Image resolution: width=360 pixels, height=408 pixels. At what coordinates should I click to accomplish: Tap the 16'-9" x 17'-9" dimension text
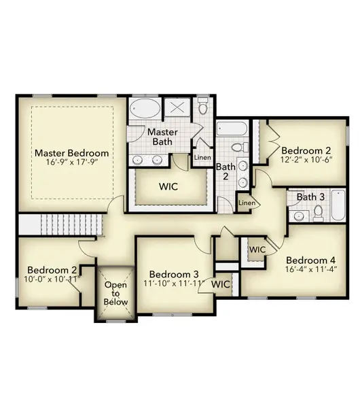[71, 163]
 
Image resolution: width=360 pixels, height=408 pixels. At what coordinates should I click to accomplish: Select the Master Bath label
[163, 137]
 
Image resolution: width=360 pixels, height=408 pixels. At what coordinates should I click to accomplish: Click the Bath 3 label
[310, 197]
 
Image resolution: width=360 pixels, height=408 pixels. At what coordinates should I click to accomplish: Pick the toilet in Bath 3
[317, 214]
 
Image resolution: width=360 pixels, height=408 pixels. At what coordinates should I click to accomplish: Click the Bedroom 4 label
[310, 260]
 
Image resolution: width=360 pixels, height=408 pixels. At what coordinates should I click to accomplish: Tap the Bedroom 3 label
[173, 274]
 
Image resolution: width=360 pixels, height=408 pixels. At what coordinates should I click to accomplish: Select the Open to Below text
[115, 294]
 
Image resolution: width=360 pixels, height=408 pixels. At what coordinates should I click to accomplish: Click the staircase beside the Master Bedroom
[60, 224]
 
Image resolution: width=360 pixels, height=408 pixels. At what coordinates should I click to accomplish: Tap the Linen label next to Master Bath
[202, 158]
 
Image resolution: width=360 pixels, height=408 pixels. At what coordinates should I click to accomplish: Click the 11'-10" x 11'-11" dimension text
[173, 284]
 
